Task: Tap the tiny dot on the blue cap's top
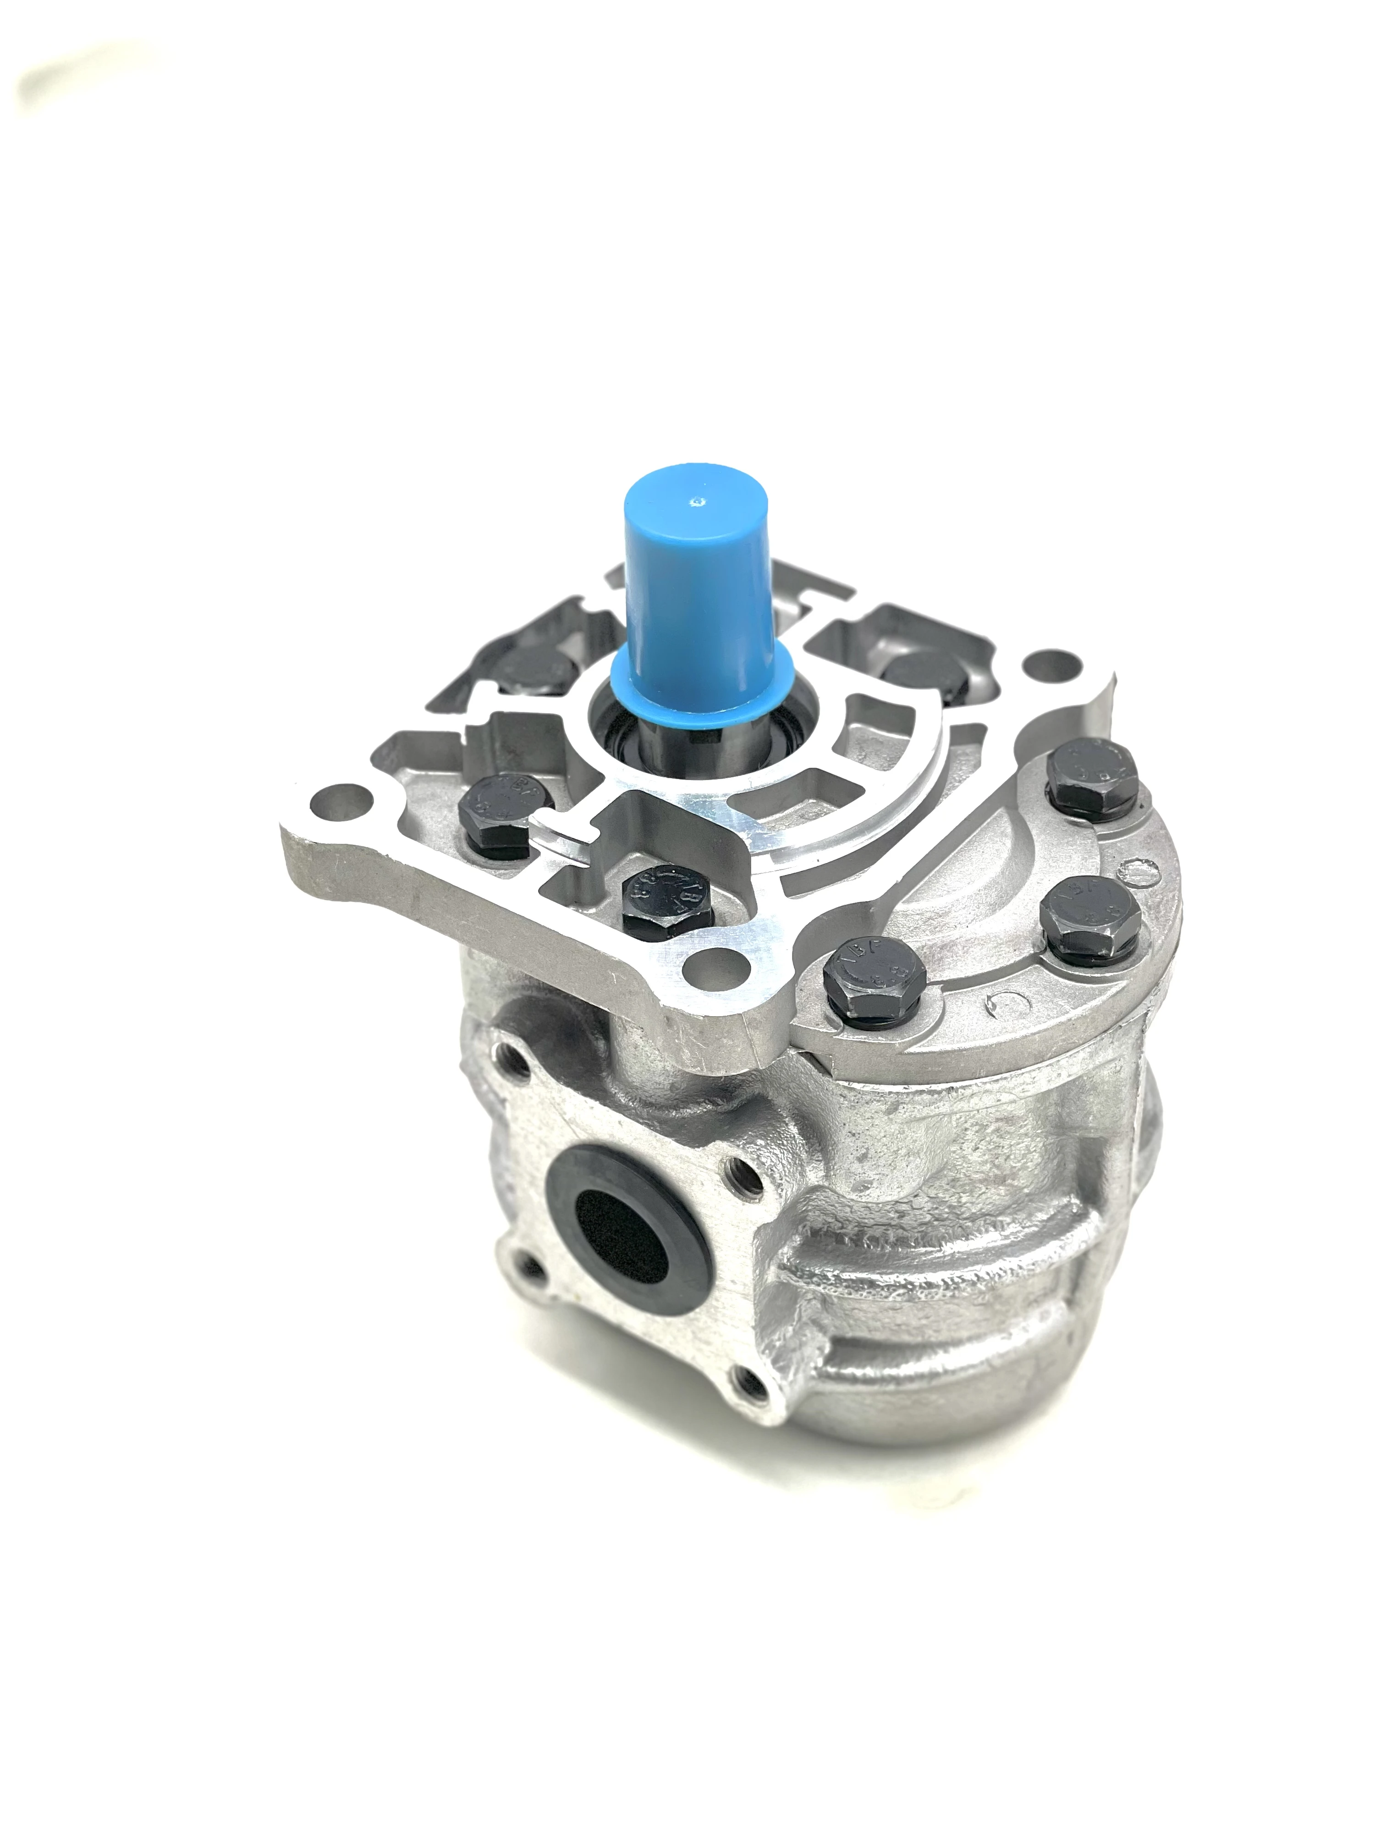click(695, 502)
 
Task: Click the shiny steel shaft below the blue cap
click(668, 735)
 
